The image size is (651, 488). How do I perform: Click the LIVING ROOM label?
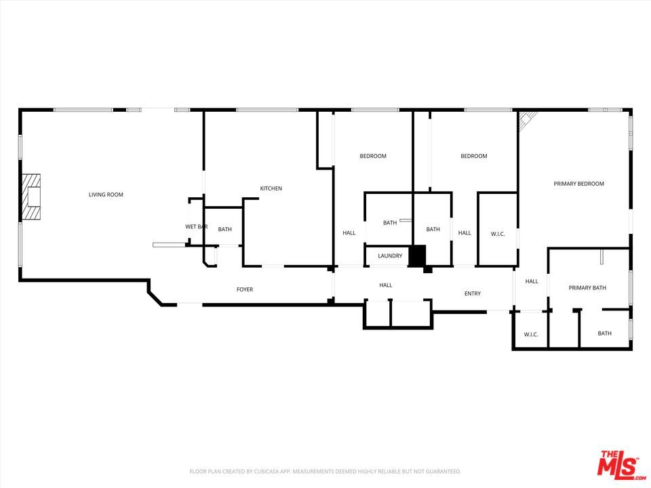tap(106, 195)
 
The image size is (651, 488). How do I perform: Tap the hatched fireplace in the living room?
tap(31, 197)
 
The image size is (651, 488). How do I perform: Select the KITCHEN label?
tap(271, 188)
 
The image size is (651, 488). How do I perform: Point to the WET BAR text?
tap(196, 226)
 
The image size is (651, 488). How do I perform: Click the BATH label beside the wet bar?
tap(224, 229)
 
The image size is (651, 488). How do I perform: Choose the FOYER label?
tap(245, 289)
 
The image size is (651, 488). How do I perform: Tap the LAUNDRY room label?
tap(390, 256)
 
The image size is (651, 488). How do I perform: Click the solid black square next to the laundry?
tap(417, 256)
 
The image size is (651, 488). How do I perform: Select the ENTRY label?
tap(473, 293)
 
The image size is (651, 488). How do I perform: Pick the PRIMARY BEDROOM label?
tap(578, 184)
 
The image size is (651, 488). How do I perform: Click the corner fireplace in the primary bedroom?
tap(527, 120)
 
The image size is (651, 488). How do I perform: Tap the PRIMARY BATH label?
tap(587, 288)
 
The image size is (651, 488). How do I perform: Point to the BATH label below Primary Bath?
tap(604, 333)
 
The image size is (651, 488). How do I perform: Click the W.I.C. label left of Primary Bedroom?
tap(498, 234)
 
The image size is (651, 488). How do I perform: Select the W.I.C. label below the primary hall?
tap(530, 334)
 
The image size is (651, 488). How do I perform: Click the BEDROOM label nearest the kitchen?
tap(373, 156)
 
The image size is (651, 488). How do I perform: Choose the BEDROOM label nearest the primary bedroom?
tap(474, 156)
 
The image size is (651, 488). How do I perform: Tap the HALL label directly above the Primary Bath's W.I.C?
tap(532, 281)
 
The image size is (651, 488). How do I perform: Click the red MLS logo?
tap(617, 464)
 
